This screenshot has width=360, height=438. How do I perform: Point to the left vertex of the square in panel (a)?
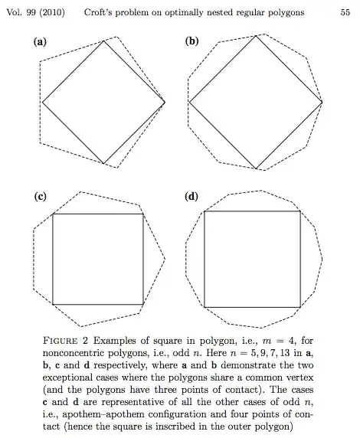pyautogui.click(x=42, y=102)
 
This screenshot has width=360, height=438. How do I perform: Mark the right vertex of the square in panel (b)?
pyautogui.click(x=322, y=102)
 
